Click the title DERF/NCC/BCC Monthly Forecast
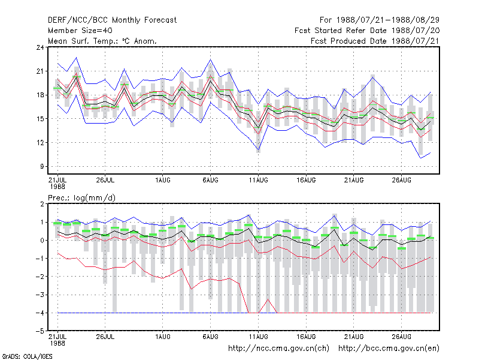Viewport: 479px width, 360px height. coord(112,20)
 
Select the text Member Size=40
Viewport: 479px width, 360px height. coord(80,31)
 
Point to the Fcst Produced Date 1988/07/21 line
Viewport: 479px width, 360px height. coord(375,41)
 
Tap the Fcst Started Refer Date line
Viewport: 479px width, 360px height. coord(367,31)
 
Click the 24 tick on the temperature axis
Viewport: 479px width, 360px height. coord(40,47)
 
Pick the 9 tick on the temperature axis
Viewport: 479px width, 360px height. coord(42,167)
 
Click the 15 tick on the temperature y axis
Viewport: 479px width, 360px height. coord(40,119)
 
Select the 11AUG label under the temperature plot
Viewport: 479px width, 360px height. coord(258,180)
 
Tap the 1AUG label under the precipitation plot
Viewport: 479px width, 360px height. coord(162,337)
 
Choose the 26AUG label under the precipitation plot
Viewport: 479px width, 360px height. coord(401,337)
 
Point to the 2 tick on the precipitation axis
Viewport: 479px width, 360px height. coord(42,204)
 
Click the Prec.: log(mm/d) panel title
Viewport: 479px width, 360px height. coord(81,198)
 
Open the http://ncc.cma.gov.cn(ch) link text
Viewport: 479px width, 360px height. coord(278,349)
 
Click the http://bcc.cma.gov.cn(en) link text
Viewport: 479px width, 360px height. coord(389,349)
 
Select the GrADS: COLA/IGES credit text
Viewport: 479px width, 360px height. coord(27,356)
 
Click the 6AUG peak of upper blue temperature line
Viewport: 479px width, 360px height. coord(211,59)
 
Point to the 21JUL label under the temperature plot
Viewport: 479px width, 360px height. coord(57,180)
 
